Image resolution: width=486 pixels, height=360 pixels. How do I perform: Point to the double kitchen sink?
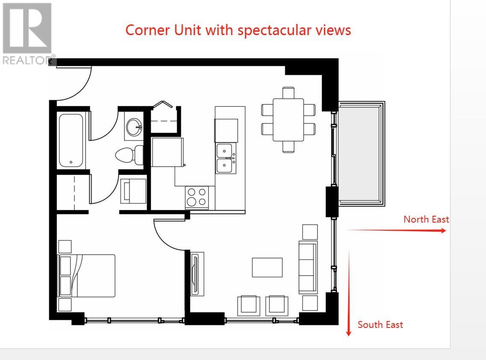[x=225, y=158]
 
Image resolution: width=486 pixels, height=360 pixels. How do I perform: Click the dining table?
[x=288, y=119]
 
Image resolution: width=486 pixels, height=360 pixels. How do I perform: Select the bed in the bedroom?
[x=87, y=276]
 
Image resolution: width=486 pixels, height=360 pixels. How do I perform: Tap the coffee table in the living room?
[x=267, y=268]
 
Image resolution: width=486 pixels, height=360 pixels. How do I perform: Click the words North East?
[x=426, y=219]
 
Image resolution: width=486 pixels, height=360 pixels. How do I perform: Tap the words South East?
[x=380, y=324]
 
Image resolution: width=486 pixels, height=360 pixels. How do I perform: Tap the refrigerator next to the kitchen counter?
[x=168, y=152]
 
